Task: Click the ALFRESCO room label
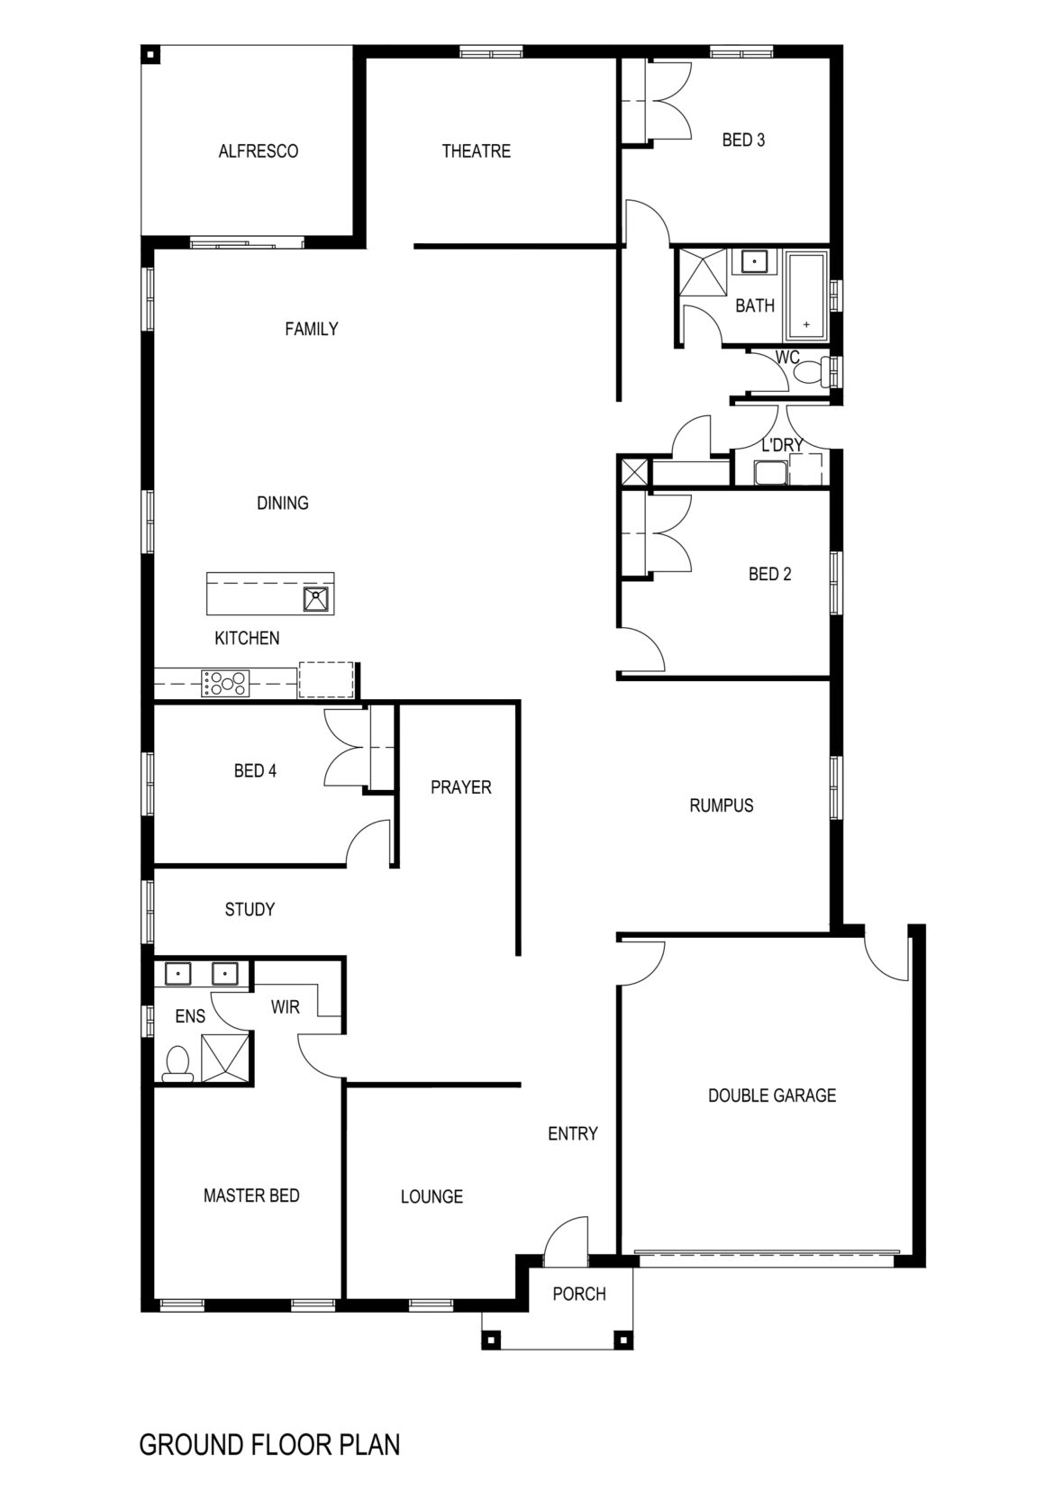point(258,151)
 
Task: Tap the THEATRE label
point(476,151)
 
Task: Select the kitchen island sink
point(316,598)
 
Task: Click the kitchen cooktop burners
point(225,683)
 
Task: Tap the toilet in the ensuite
point(177,1063)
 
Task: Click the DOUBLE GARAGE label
point(771,1096)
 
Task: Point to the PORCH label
point(578,1294)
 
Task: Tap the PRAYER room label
point(460,787)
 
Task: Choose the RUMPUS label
point(721,805)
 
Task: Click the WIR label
point(285,1006)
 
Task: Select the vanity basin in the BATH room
point(754,262)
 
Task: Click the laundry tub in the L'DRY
point(769,473)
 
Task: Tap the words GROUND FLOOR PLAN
point(269,1445)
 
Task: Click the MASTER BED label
point(251,1196)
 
